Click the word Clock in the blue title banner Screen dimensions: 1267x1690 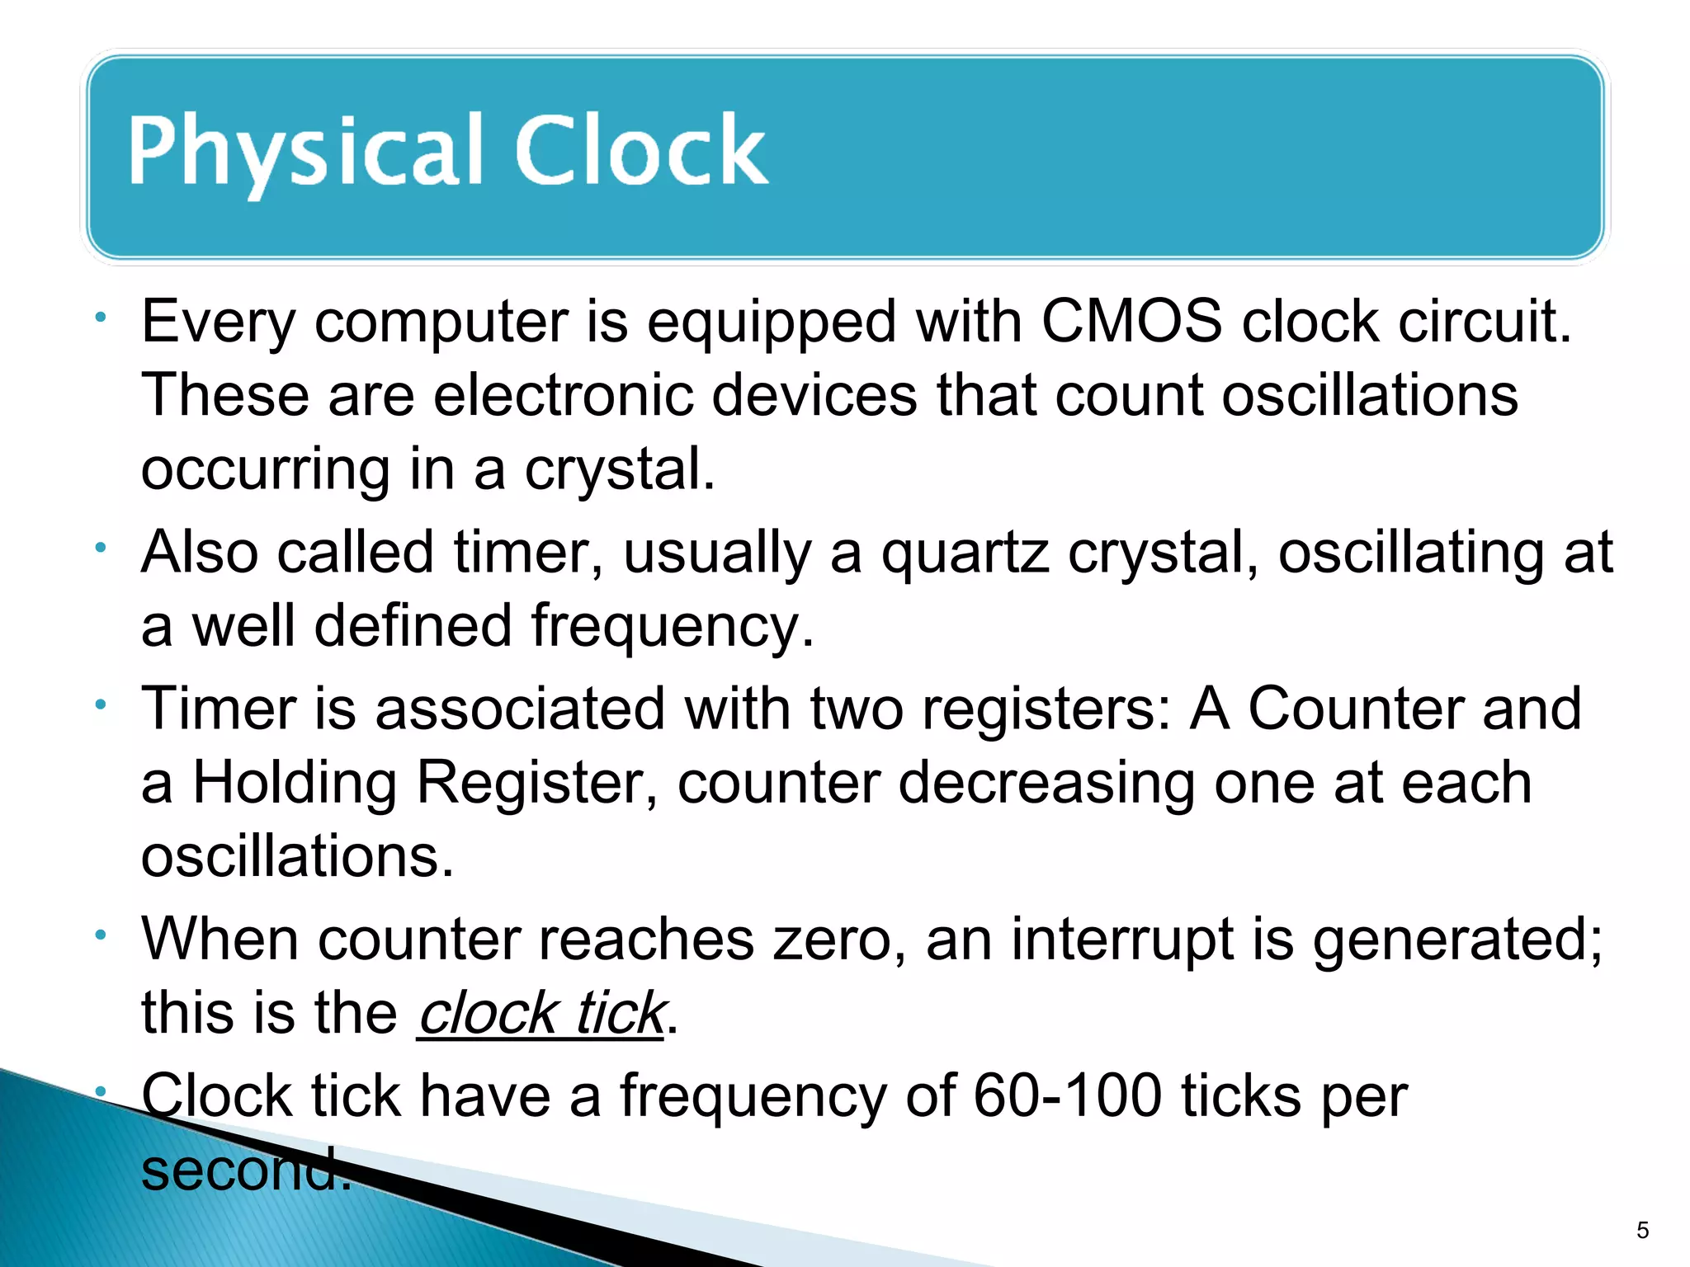coord(641,150)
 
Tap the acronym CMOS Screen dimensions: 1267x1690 coord(1131,321)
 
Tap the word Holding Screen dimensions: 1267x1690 coord(295,782)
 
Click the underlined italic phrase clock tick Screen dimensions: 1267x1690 coord(541,1013)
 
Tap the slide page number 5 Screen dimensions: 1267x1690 coord(1642,1231)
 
